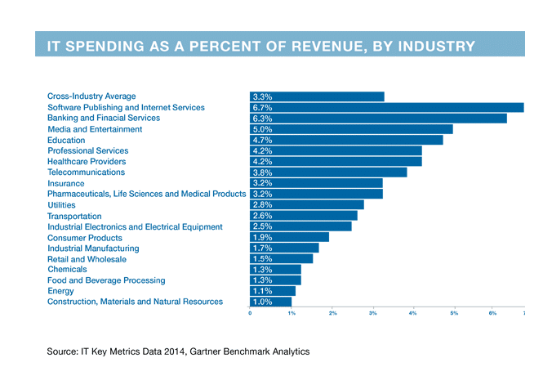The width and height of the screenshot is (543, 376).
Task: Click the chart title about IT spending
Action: click(x=260, y=45)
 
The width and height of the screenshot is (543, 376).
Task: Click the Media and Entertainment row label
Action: click(x=95, y=129)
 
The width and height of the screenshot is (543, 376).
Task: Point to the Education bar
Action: click(x=346, y=140)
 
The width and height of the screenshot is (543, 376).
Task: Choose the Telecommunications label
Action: click(x=86, y=172)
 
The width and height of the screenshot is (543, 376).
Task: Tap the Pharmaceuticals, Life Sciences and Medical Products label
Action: click(x=146, y=194)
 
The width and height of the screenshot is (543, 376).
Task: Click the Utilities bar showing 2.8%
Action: click(x=306, y=204)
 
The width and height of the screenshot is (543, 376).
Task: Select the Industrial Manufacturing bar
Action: click(x=284, y=248)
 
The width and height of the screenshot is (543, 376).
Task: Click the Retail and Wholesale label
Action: click(x=87, y=259)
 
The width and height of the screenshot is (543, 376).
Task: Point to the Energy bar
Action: click(x=273, y=291)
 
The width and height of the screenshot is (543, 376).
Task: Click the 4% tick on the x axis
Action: click(x=413, y=313)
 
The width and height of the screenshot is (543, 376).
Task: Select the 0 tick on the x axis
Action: click(x=251, y=313)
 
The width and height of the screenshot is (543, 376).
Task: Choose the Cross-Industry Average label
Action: click(x=91, y=96)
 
